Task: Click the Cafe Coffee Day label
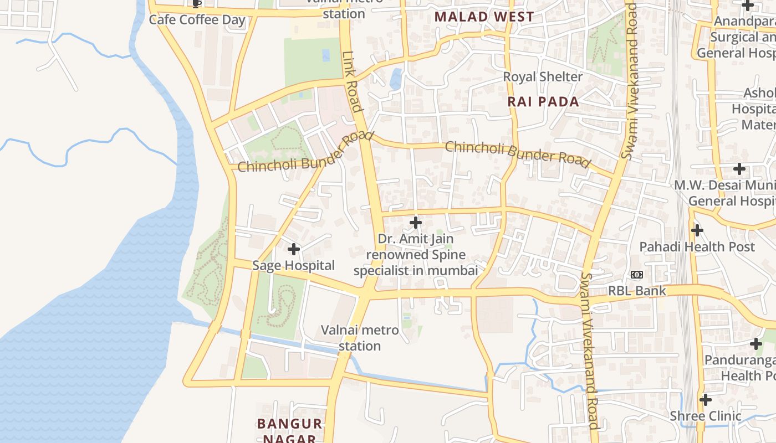(197, 20)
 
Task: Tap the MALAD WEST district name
(484, 17)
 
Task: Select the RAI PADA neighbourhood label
(543, 102)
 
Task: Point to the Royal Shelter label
(542, 77)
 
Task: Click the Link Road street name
(352, 81)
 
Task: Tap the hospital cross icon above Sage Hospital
(294, 249)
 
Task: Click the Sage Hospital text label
(293, 266)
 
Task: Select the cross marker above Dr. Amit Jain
(415, 223)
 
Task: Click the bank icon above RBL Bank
(636, 275)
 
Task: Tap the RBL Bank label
(637, 291)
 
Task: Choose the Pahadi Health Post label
(697, 247)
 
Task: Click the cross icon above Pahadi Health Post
(697, 230)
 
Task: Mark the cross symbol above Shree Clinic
(705, 399)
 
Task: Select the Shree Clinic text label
(705, 416)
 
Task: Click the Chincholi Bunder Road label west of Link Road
(305, 152)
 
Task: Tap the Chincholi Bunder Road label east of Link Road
(517, 154)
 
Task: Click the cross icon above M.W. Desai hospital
(739, 169)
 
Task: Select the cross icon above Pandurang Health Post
(756, 344)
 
